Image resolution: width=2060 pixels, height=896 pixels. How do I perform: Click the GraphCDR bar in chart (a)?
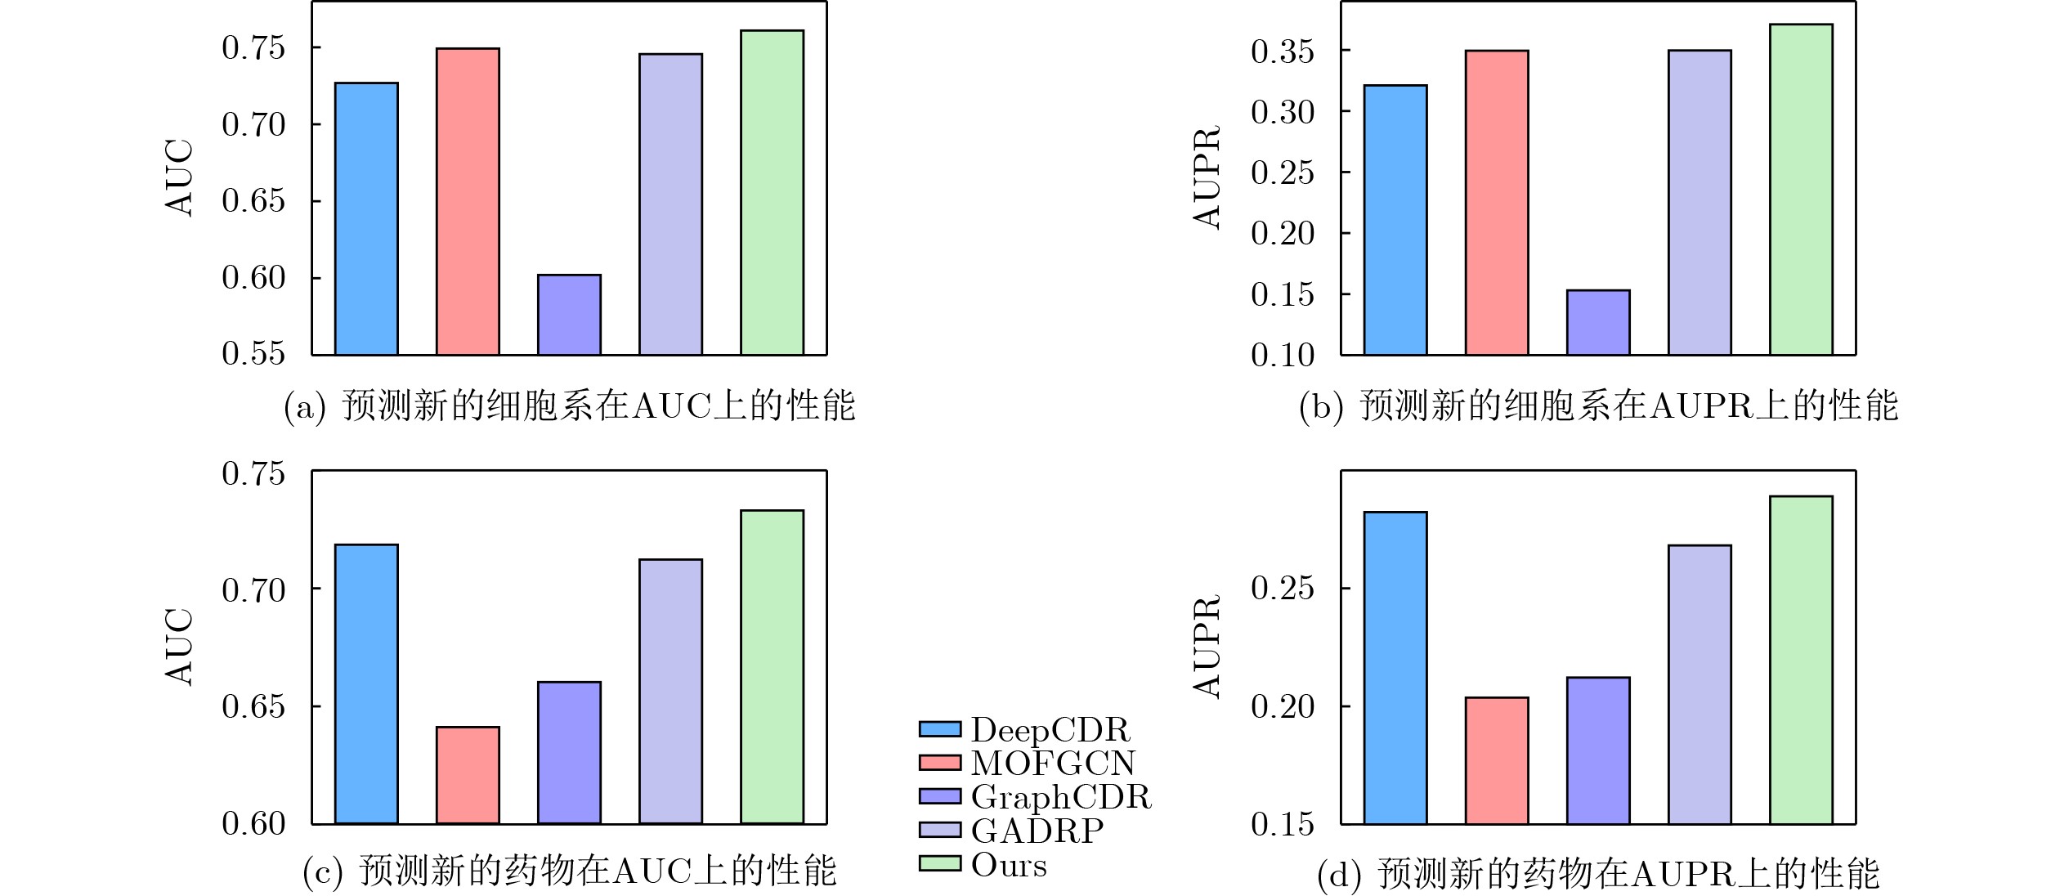click(569, 315)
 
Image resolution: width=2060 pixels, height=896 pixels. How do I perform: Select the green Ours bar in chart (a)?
click(772, 193)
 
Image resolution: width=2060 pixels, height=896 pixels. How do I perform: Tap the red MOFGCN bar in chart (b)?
click(1497, 203)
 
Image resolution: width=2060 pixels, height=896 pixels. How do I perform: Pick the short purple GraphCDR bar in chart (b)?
click(1598, 322)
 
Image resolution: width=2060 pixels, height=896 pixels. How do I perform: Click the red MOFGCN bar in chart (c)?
click(468, 775)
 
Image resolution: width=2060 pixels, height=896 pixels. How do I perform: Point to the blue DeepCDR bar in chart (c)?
click(366, 683)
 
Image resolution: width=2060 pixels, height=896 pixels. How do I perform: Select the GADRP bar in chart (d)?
click(1699, 684)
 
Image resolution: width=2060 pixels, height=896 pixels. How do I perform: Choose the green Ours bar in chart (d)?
click(1801, 660)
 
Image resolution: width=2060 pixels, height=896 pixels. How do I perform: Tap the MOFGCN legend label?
click(1053, 763)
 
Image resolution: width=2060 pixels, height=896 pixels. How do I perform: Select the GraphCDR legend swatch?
click(939, 796)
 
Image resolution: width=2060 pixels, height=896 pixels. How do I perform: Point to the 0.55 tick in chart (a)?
click(253, 353)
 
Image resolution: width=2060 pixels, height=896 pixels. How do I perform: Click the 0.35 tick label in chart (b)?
click(1283, 52)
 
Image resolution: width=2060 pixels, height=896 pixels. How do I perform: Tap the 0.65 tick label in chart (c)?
click(253, 706)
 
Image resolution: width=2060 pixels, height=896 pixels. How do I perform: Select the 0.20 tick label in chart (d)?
click(1283, 706)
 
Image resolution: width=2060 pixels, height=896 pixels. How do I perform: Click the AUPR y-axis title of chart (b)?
click(1207, 177)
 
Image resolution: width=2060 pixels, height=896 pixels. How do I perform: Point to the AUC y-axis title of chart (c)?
click(179, 647)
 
